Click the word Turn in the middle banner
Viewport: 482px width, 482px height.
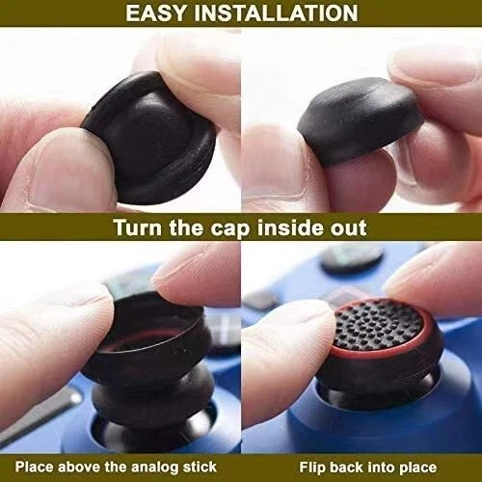[141, 228]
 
